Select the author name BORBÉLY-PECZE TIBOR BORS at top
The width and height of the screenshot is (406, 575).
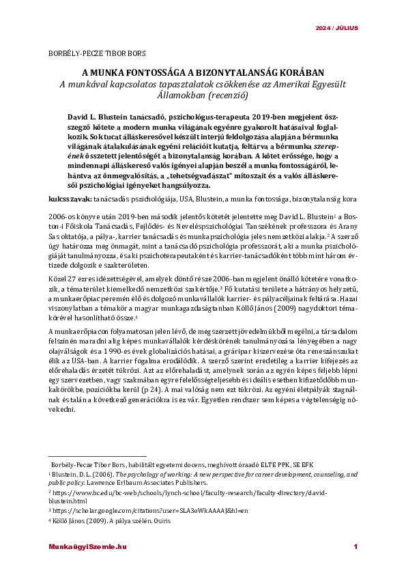click(97, 53)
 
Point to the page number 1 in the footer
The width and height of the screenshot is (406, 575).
click(355, 547)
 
